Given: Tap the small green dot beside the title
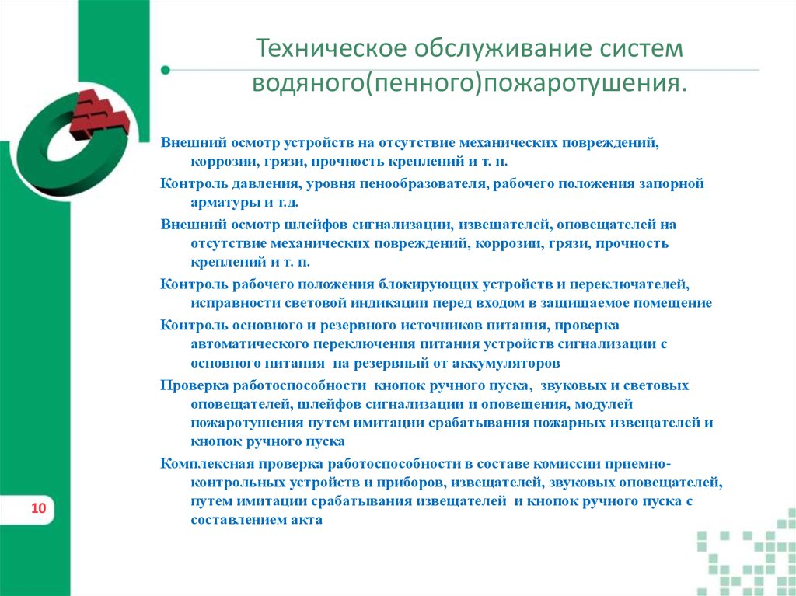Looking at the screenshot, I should pyautogui.click(x=165, y=70).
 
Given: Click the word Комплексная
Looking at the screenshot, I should pyautogui.click(x=204, y=463).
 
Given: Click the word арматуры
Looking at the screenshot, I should pyautogui.click(x=218, y=201).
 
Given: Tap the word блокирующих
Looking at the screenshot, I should pyautogui.click(x=423, y=284).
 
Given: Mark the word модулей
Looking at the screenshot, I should pyautogui.click(x=605, y=403).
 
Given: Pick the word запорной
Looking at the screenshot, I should pyautogui.click(x=672, y=184).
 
